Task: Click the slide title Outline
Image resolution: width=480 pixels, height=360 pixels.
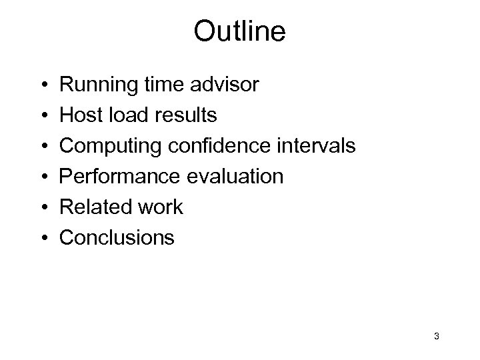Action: tap(239, 31)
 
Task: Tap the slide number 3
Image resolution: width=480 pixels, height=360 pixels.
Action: tap(436, 336)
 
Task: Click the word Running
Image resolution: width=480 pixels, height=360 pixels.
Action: tap(97, 85)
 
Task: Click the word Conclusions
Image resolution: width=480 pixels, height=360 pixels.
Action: tap(117, 237)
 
